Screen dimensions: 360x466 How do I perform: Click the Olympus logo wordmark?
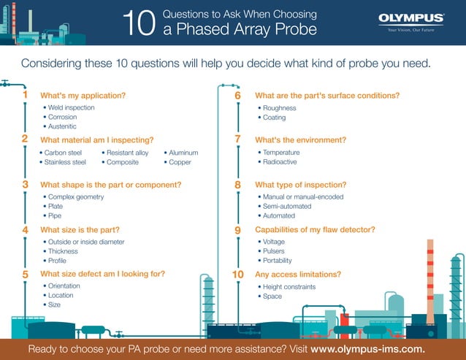point(410,18)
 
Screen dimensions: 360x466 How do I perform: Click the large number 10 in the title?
point(139,24)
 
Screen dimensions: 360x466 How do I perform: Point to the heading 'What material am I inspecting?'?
point(96,139)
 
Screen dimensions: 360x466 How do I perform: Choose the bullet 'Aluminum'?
point(183,153)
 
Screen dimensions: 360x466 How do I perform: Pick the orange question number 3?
point(25,185)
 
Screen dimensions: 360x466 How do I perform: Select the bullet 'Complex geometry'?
point(75,196)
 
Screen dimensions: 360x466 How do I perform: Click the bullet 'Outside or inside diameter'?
point(85,242)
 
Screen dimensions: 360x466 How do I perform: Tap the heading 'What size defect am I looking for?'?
point(102,274)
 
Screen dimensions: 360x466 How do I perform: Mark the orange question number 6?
point(237,96)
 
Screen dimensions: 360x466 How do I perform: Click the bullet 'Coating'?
point(274,118)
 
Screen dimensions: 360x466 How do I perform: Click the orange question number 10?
point(237,274)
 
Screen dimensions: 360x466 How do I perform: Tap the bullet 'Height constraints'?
point(289,287)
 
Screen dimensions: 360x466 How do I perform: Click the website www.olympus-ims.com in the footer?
point(367,349)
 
